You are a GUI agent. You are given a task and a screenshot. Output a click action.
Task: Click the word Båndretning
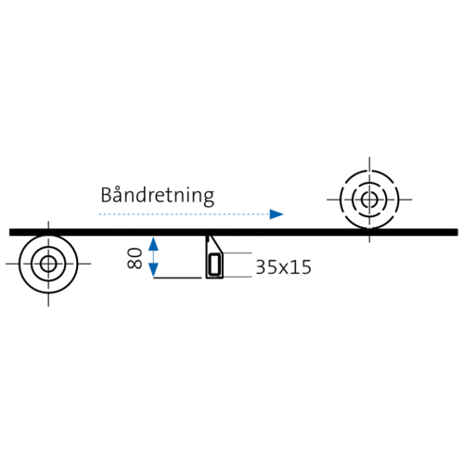click(x=158, y=196)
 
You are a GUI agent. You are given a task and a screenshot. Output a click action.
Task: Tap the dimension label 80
click(x=135, y=258)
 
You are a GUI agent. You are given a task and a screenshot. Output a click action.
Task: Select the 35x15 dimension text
click(x=283, y=267)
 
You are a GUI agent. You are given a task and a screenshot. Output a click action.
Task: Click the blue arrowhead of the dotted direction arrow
click(x=277, y=214)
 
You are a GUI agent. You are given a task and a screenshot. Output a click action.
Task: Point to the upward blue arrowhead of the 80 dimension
click(x=153, y=244)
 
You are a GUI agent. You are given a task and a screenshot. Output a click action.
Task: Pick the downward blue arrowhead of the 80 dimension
click(x=153, y=270)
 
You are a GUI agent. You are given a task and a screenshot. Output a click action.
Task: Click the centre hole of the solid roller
click(x=48, y=264)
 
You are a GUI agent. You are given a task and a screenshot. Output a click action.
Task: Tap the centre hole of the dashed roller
click(x=369, y=200)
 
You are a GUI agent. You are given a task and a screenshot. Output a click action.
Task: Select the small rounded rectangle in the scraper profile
click(x=214, y=264)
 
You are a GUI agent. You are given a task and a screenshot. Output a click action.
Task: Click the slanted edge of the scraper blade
click(x=216, y=244)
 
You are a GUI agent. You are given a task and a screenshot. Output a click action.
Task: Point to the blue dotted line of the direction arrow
click(x=184, y=214)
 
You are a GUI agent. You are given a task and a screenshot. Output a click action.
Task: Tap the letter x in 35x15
click(x=284, y=269)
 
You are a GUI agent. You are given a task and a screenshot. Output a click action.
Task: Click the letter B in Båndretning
click(x=106, y=195)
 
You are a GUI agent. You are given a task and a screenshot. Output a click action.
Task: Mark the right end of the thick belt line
click(x=458, y=232)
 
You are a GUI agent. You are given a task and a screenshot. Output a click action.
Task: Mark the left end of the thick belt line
click(x=10, y=232)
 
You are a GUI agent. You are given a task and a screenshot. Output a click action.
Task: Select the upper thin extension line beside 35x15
click(x=238, y=253)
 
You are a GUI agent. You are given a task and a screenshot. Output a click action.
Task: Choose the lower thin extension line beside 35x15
click(x=238, y=277)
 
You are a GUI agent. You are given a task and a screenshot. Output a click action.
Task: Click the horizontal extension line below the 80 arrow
click(x=177, y=277)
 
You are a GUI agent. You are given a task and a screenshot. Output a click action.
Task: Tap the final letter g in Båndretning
click(x=210, y=199)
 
